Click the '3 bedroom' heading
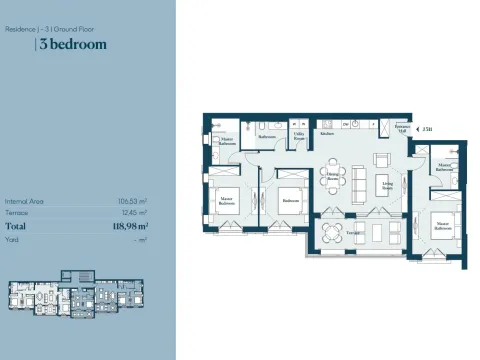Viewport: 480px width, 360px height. pyautogui.click(x=72, y=44)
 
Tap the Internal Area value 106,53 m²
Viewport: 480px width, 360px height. pyautogui.click(x=132, y=201)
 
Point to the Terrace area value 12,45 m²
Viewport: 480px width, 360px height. pyautogui.click(x=133, y=212)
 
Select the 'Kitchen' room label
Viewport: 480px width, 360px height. pyautogui.click(x=327, y=133)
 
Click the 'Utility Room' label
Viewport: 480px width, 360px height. pyautogui.click(x=299, y=135)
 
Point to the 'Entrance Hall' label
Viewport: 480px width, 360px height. pyautogui.click(x=401, y=128)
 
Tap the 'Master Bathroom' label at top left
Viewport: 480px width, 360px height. pyautogui.click(x=227, y=142)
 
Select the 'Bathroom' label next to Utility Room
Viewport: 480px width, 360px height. pyautogui.click(x=266, y=136)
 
